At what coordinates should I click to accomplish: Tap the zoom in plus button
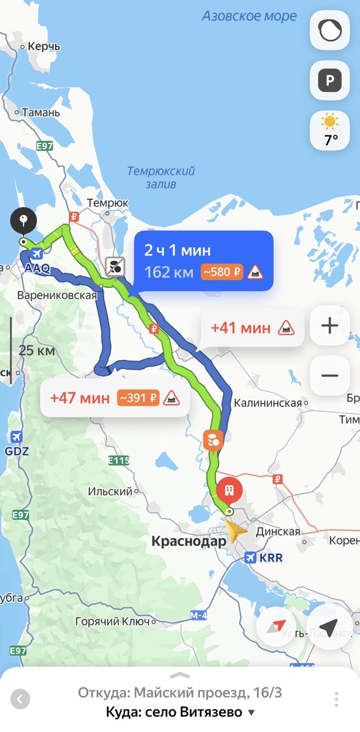tap(329, 326)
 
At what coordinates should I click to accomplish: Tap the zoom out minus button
tap(329, 375)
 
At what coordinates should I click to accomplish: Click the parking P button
tap(329, 80)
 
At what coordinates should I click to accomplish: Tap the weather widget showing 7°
tap(330, 131)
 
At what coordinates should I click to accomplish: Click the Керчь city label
tap(45, 46)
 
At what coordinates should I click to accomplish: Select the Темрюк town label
tap(108, 203)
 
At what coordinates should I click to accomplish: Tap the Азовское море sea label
tap(249, 16)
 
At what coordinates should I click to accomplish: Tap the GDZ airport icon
tap(16, 437)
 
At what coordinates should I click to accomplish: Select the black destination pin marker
tap(23, 221)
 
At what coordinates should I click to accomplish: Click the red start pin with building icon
tap(229, 490)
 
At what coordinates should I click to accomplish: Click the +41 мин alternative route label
tap(240, 328)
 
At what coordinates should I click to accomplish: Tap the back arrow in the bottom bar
tap(20, 699)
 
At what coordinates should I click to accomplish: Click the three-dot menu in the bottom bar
tap(336, 699)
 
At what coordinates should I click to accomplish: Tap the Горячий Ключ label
tap(112, 622)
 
